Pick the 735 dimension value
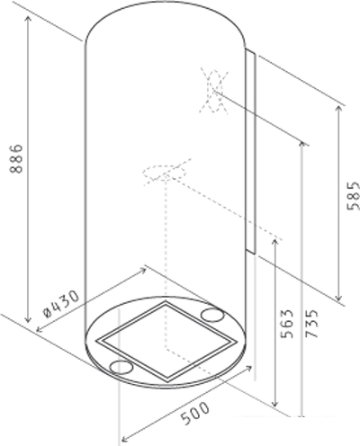(x=311, y=321)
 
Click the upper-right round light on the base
(x=213, y=315)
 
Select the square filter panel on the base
(x=166, y=341)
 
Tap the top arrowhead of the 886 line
(x=32, y=19)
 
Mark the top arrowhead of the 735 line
(x=302, y=144)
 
